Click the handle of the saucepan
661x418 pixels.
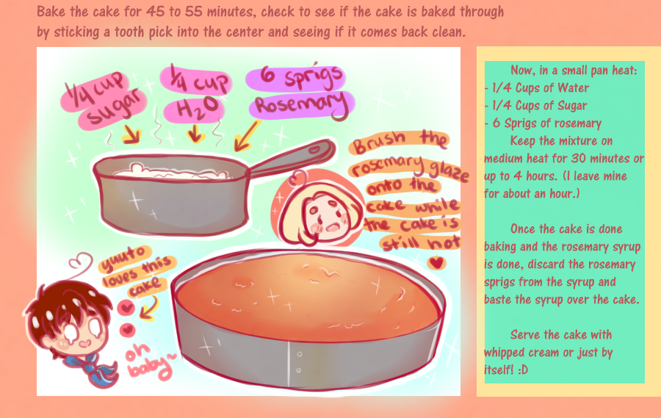tap(291, 158)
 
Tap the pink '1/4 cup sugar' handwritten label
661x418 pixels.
tap(104, 101)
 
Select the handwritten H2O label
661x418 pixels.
tap(193, 110)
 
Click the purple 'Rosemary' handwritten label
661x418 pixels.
tap(302, 104)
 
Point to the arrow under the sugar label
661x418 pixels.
tap(131, 134)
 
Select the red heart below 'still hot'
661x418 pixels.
tap(436, 263)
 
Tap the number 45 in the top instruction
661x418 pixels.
tap(155, 12)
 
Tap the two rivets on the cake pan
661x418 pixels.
tap(298, 361)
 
